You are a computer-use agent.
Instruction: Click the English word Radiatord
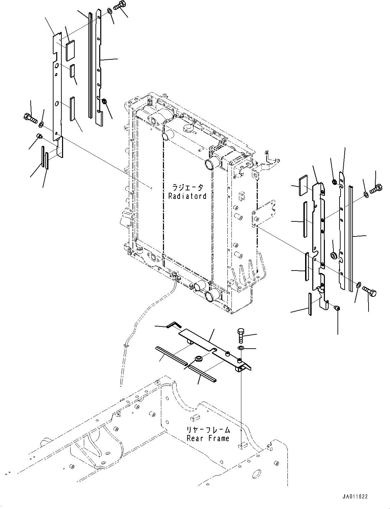click(x=187, y=196)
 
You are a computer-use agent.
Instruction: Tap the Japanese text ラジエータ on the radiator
click(x=187, y=188)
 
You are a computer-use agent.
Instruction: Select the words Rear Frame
click(x=208, y=438)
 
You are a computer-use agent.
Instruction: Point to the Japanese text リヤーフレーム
click(x=208, y=430)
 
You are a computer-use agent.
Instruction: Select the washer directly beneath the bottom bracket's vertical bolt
click(x=240, y=348)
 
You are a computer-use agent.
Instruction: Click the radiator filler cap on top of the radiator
click(x=188, y=129)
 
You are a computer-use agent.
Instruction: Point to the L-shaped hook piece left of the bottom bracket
click(x=173, y=325)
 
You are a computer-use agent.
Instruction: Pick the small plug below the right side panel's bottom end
click(x=337, y=308)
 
